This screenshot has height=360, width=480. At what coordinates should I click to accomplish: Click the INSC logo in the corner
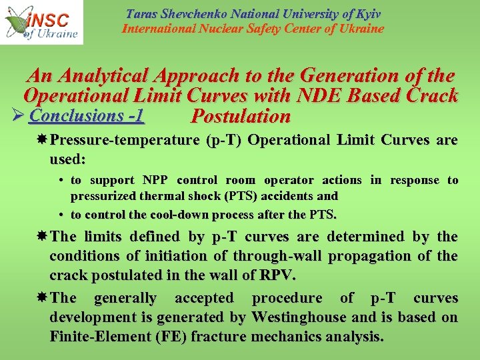[41, 22]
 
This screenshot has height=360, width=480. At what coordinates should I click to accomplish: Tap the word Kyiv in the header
[367, 13]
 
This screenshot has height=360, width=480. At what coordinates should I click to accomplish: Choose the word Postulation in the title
[240, 117]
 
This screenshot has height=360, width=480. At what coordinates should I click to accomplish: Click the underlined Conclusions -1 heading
[87, 115]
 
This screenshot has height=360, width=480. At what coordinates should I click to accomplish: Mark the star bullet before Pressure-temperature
[41, 141]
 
